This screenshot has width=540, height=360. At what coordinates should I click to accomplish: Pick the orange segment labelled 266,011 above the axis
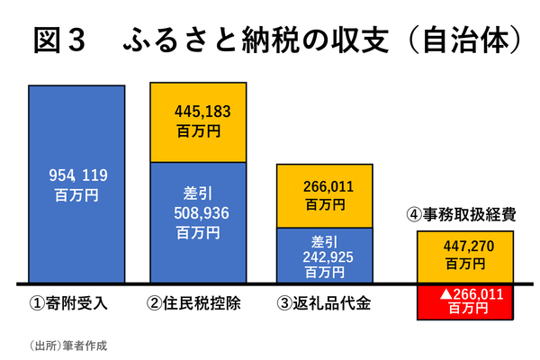325,195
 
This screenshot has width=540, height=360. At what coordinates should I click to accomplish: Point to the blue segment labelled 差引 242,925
325,255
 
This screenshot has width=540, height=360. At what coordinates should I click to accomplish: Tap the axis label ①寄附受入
70,302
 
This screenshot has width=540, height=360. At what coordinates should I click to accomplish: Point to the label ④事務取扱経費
463,216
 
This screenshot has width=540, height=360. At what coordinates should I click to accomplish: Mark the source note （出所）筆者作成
68,343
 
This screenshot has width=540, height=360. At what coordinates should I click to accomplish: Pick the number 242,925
325,256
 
